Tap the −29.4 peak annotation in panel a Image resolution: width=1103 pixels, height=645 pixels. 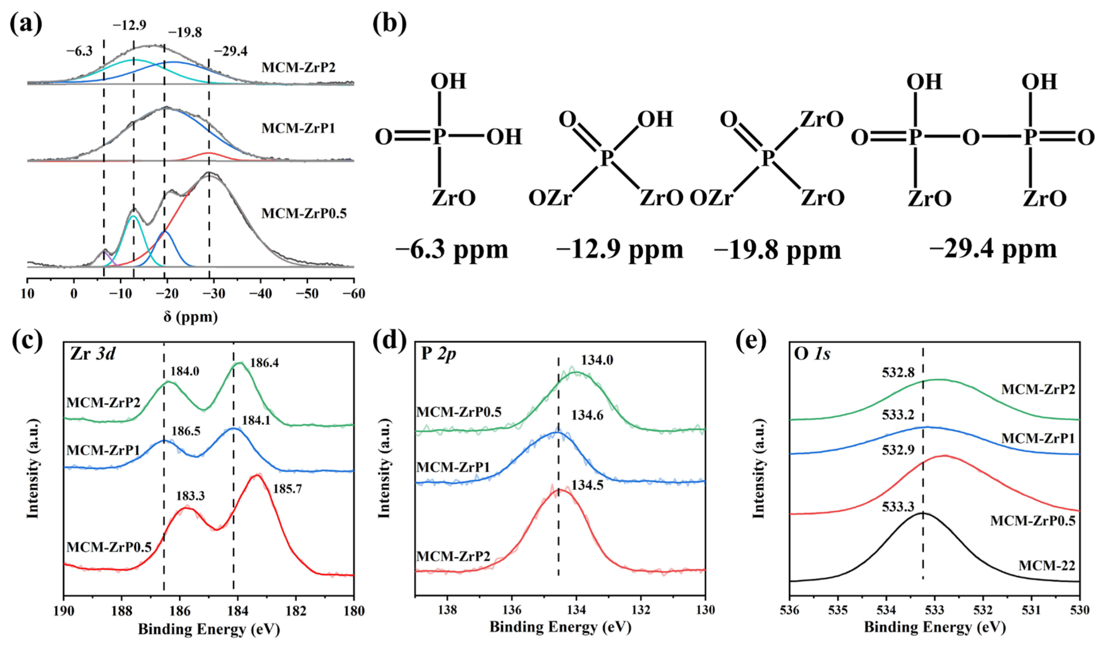230,52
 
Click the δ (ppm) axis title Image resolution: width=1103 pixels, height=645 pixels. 190,316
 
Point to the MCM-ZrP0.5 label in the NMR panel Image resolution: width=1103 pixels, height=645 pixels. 304,213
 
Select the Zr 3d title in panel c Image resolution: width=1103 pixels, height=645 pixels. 92,353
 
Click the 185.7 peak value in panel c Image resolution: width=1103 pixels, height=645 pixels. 287,488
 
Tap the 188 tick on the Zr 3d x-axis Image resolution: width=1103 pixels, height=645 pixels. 122,610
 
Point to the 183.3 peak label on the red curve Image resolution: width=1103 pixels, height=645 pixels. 190,496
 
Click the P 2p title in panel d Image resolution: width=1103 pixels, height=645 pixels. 438,353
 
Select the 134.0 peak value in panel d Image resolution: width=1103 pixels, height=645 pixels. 597,360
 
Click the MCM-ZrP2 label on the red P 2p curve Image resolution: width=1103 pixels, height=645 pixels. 453,557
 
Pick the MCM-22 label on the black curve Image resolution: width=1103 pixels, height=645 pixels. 1047,565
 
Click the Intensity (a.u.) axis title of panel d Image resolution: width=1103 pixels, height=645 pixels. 384,469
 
